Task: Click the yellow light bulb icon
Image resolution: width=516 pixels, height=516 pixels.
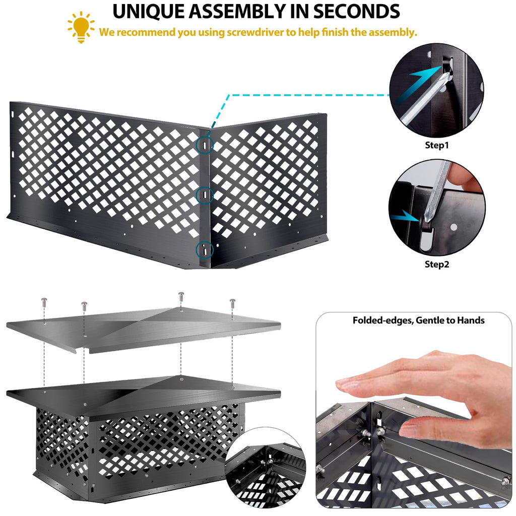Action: click(81, 27)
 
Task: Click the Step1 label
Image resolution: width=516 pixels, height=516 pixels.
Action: click(437, 145)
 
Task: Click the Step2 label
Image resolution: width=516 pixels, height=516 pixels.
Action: click(437, 264)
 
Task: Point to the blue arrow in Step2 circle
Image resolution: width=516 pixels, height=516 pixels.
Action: click(405, 217)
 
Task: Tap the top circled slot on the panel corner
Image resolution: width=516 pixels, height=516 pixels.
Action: click(205, 145)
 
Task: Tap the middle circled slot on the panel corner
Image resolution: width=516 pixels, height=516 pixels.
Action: click(205, 195)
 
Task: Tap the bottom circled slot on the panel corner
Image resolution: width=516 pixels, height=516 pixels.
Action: click(205, 249)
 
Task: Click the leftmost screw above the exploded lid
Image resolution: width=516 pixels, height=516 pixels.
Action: click(44, 303)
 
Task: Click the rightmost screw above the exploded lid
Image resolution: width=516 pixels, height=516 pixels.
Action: click(232, 303)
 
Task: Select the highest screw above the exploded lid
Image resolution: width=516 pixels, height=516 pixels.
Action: click(181, 296)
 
